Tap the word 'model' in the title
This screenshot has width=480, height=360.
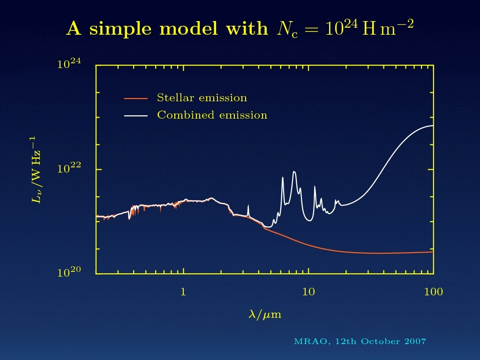click(x=188, y=29)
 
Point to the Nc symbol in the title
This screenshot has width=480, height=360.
click(x=287, y=30)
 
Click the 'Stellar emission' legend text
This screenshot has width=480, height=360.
click(x=202, y=97)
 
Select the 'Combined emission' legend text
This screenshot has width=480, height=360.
click(x=212, y=115)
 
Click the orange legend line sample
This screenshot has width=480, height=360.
click(x=135, y=98)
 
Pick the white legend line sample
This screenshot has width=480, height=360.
click(x=135, y=116)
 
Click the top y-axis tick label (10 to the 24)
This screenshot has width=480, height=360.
click(x=69, y=63)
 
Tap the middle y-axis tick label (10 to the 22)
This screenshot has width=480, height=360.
click(x=69, y=167)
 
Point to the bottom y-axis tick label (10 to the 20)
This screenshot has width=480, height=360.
click(x=69, y=271)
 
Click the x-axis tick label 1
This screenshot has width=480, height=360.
click(x=183, y=292)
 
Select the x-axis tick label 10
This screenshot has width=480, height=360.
click(x=308, y=292)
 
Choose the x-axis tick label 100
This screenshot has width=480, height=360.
click(x=434, y=292)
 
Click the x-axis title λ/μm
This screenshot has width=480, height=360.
click(x=265, y=315)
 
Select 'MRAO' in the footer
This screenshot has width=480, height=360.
click(x=311, y=341)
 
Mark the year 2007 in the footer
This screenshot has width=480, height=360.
click(x=415, y=341)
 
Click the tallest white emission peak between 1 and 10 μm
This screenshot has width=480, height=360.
click(x=294, y=172)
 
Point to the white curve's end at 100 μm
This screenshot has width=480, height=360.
click(x=433, y=126)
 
